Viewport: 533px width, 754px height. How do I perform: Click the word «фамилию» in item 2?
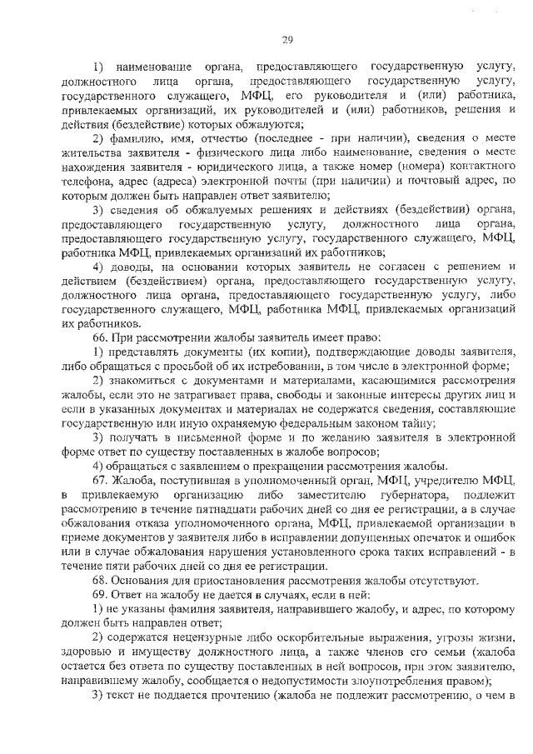tap(137, 137)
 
